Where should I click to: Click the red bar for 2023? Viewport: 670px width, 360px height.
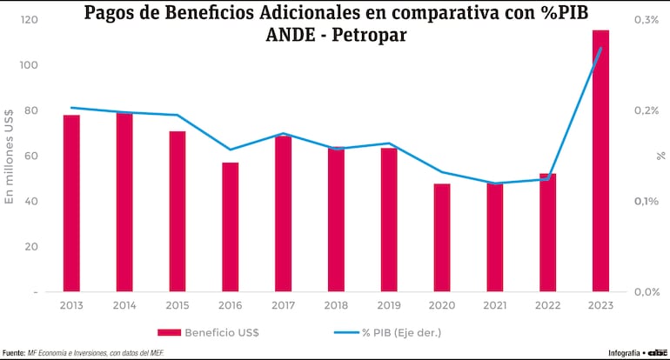click(x=600, y=161)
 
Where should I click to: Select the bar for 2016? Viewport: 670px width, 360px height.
click(x=230, y=227)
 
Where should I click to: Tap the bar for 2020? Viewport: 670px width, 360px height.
click(x=442, y=237)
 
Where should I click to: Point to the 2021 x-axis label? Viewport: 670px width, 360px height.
click(x=495, y=305)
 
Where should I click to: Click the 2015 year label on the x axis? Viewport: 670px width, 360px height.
click(x=178, y=305)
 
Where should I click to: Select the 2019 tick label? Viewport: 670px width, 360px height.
click(x=389, y=305)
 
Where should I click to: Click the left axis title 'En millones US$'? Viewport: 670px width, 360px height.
click(x=10, y=156)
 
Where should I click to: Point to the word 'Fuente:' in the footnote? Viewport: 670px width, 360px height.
click(x=13, y=353)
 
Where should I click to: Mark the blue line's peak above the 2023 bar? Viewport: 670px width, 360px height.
click(x=600, y=48)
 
